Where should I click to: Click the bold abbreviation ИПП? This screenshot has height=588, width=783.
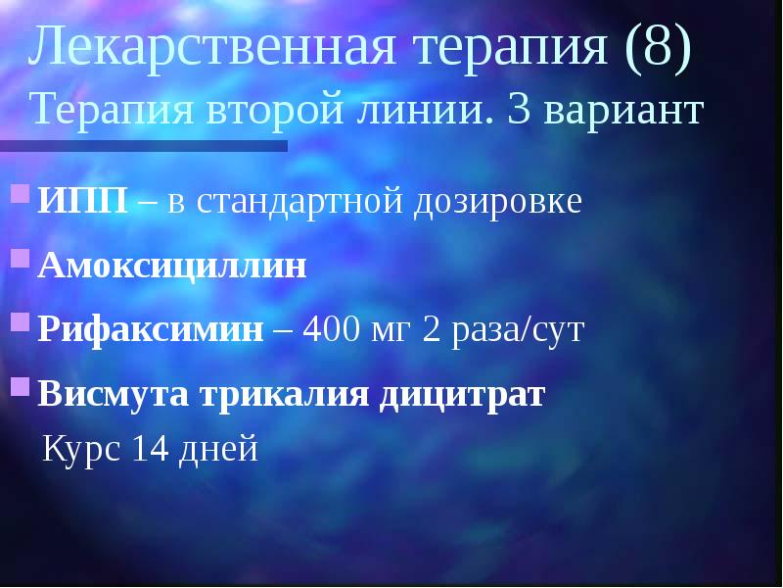point(83,201)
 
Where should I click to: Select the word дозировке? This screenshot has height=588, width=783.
point(499,201)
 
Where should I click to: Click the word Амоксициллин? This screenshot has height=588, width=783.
point(172,266)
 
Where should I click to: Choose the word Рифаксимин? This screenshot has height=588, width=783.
point(152,329)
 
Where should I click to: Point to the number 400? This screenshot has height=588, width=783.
point(331,329)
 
